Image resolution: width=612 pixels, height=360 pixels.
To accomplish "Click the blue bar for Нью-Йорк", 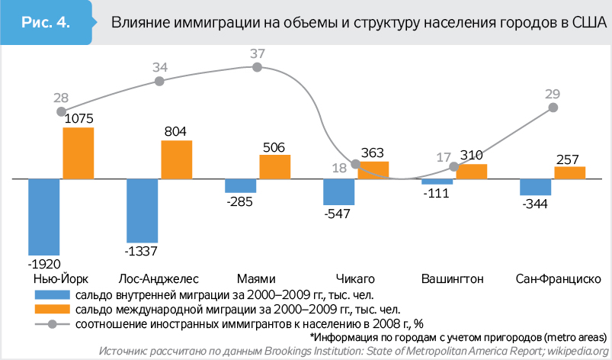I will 44,217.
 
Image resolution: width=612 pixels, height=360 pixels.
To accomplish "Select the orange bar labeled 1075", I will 79,153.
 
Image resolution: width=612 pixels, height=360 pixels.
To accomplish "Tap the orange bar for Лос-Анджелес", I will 177,160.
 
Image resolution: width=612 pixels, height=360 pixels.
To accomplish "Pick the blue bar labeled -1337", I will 143,211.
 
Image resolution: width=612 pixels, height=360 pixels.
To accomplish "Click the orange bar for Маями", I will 275,167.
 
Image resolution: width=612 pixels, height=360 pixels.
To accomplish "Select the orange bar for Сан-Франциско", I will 569,172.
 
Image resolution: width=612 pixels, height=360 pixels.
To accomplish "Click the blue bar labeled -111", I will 437,182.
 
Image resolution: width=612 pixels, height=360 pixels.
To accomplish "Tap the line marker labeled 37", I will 257,67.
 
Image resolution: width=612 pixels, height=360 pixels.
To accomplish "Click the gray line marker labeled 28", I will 62,111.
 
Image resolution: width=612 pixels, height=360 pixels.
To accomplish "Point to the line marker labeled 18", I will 356,164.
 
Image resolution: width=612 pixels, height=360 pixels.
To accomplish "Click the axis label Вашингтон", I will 451,277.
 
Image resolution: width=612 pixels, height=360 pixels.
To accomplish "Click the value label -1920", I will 43,264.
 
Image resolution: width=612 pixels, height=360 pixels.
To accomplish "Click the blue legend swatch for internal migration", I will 53,294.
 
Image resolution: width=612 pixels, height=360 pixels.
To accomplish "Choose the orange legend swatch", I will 53,309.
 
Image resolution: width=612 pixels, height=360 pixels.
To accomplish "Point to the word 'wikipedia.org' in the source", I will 576,351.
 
